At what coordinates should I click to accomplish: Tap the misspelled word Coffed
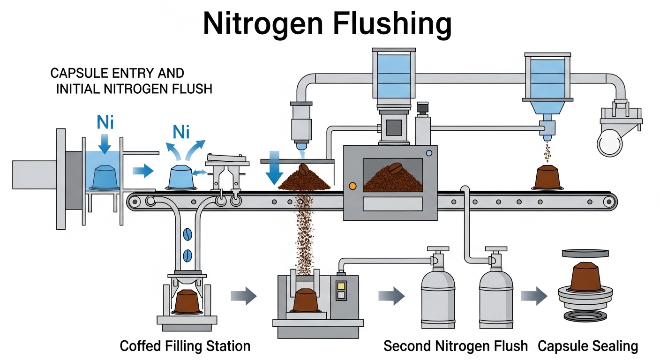140,346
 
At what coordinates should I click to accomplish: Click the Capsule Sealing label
588,346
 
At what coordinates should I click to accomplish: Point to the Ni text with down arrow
105,123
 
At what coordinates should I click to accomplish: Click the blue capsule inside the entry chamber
105,177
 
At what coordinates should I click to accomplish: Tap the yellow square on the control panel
341,285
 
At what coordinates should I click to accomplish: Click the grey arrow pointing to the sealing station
534,296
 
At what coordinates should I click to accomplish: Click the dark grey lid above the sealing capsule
588,254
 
